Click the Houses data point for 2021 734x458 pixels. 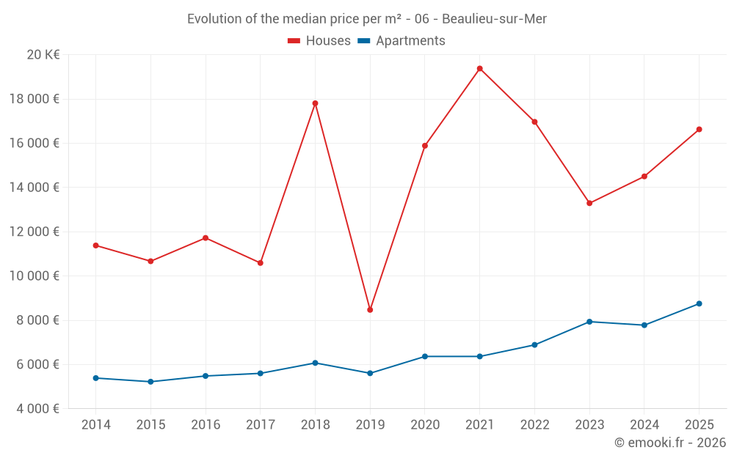479,69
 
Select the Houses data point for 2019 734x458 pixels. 370,310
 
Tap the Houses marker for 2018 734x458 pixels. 315,103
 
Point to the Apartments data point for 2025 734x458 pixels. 699,303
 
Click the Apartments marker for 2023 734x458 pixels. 589,322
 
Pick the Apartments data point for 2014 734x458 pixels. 96,378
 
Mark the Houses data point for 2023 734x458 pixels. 589,203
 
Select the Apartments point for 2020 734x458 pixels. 425,356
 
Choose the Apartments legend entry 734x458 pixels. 410,41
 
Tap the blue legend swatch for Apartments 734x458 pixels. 363,41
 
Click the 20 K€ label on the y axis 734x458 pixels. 43,55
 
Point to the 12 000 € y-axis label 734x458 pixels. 35,232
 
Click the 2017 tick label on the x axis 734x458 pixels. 261,425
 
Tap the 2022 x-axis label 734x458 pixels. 534,425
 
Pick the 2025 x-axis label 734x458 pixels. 699,425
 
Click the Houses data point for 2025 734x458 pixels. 699,130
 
